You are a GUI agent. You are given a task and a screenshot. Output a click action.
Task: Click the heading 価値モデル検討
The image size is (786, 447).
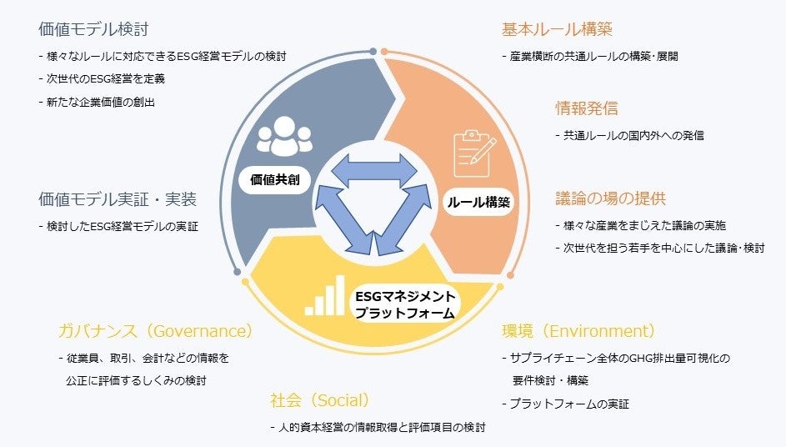pyautogui.click(x=93, y=29)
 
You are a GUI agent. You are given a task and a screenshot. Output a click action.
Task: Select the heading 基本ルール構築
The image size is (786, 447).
pyautogui.click(x=557, y=29)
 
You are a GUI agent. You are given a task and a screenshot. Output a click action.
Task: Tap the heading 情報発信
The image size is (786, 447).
pyautogui.click(x=587, y=108)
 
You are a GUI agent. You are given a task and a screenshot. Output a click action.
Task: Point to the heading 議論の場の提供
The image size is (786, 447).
pyautogui.click(x=611, y=198)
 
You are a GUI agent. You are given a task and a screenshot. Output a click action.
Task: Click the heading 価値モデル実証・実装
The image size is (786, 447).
pyautogui.click(x=118, y=199)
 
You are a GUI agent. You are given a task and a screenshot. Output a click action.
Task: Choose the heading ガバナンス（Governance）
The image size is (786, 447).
pyautogui.click(x=155, y=331)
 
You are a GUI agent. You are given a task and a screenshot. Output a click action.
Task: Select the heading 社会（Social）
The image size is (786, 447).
pyautogui.click(x=320, y=399)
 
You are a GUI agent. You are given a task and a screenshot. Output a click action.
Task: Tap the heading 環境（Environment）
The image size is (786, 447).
pyautogui.click(x=578, y=331)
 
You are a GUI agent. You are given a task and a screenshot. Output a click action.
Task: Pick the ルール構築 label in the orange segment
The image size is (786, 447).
pyautogui.click(x=478, y=202)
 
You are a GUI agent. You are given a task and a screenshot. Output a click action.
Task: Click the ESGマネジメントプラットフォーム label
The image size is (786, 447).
pyautogui.click(x=405, y=305)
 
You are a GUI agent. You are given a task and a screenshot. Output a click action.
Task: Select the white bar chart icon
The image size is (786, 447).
pyautogui.click(x=325, y=295)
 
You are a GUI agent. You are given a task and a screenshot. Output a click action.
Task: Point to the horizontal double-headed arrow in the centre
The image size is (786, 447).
pyautogui.click(x=374, y=171)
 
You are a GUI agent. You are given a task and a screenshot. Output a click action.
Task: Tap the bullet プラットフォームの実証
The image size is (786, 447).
pyautogui.click(x=569, y=404)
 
